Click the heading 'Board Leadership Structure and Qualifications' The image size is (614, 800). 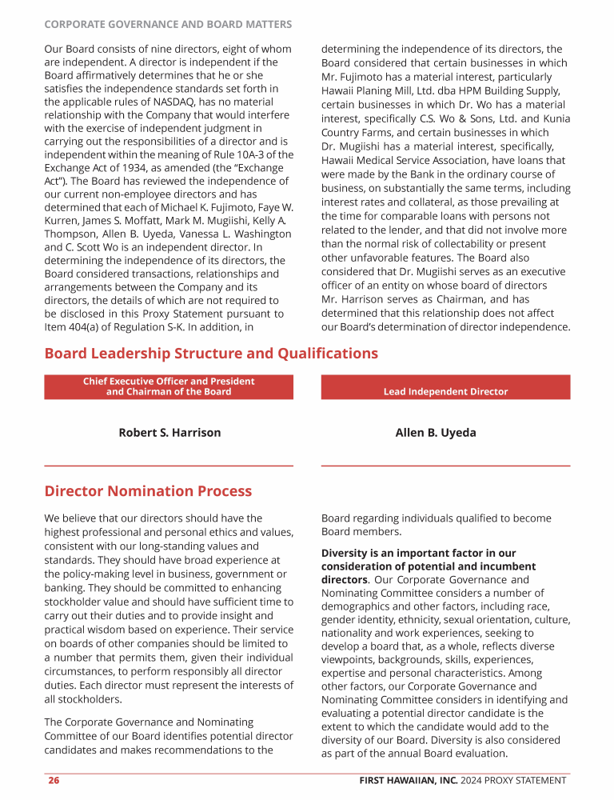point(211,354)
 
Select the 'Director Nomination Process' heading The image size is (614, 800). point(148,491)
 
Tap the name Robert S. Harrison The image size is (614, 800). point(169,433)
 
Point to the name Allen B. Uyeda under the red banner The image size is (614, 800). point(436,433)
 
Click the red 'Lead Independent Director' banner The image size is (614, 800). point(445,391)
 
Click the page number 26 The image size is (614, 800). point(53,780)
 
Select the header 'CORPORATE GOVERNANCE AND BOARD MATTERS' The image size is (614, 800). point(168,25)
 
